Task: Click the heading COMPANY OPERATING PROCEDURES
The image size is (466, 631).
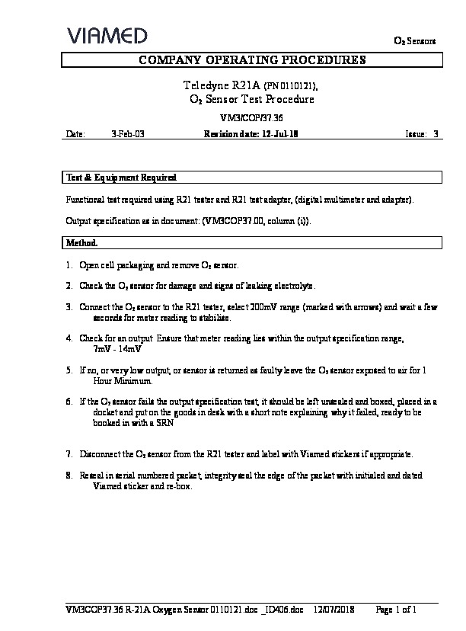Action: tap(251, 59)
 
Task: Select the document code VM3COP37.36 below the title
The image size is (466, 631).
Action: tap(251, 118)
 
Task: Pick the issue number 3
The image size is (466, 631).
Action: tap(436, 133)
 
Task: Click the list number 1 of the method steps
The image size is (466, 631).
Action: tap(69, 265)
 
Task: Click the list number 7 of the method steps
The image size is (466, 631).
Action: tap(69, 454)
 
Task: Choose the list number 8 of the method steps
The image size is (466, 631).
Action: tap(69, 475)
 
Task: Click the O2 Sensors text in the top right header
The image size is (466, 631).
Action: tap(413, 40)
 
